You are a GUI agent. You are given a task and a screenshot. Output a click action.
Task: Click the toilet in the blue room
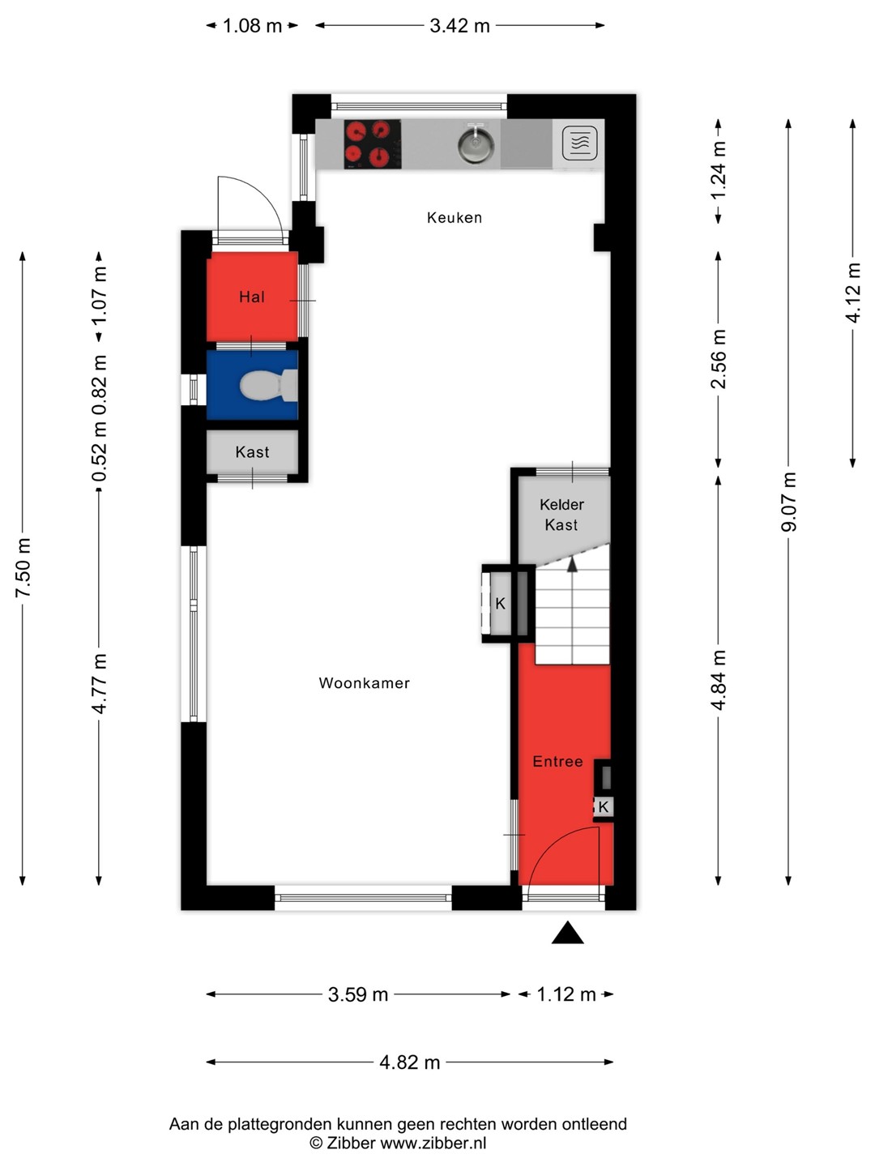click(268, 385)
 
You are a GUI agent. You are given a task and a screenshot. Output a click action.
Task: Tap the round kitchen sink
click(476, 143)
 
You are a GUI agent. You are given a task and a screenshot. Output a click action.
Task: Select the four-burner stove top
click(372, 143)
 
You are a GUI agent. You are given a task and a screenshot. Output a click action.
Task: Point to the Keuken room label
click(455, 217)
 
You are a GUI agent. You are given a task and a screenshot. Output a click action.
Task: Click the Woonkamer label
click(364, 683)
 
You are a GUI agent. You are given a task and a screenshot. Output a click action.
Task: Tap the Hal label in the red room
click(252, 297)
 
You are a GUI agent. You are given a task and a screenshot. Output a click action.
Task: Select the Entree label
click(557, 761)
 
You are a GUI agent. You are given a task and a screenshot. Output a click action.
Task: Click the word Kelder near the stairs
click(561, 505)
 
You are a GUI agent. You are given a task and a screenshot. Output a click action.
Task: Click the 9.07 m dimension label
click(789, 502)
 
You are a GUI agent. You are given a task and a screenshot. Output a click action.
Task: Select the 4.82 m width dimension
click(410, 1062)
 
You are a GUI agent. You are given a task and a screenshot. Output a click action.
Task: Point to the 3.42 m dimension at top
click(459, 25)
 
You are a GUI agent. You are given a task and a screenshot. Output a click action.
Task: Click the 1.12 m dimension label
click(566, 994)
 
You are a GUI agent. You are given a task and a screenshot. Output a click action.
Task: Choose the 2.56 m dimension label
click(719, 359)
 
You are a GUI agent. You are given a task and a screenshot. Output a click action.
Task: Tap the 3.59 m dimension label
click(358, 994)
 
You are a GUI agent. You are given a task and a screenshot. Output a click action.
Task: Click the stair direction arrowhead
click(572, 565)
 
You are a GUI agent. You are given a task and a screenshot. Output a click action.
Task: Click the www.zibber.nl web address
click(433, 1143)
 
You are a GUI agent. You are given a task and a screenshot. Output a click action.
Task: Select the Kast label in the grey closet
click(252, 452)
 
